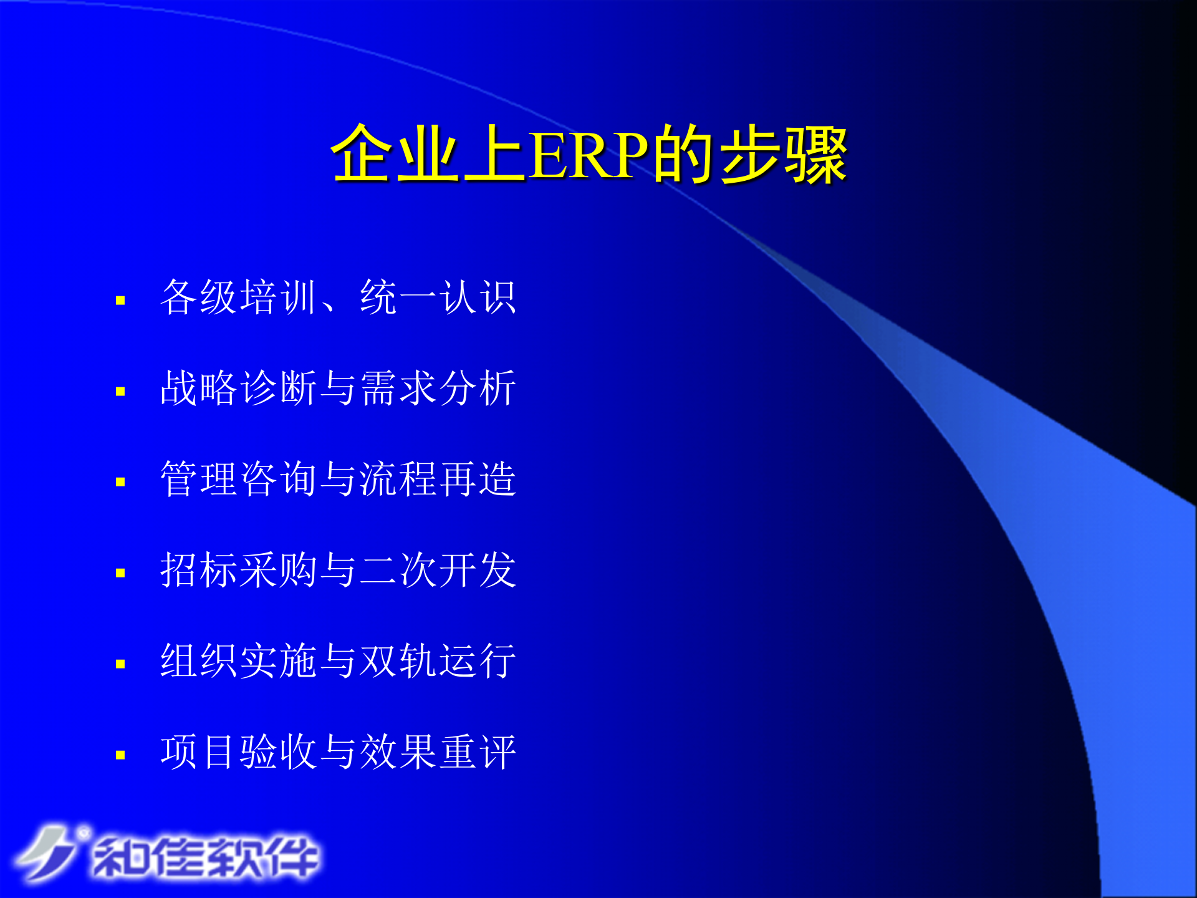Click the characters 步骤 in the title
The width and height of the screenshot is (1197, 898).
(783, 155)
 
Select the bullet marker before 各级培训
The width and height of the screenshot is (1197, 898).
(120, 301)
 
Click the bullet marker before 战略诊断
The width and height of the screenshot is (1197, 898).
(120, 392)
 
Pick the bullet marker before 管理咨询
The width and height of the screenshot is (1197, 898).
(120, 482)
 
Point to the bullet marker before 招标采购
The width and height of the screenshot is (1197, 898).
(120, 573)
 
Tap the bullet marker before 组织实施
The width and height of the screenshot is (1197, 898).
(120, 664)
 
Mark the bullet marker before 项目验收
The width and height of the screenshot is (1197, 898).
(120, 755)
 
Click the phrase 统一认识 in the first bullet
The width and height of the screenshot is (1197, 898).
(438, 297)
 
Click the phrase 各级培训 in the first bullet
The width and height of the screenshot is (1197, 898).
(239, 297)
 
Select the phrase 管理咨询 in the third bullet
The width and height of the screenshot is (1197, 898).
(239, 479)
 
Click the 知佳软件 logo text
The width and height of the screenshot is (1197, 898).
(206, 857)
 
